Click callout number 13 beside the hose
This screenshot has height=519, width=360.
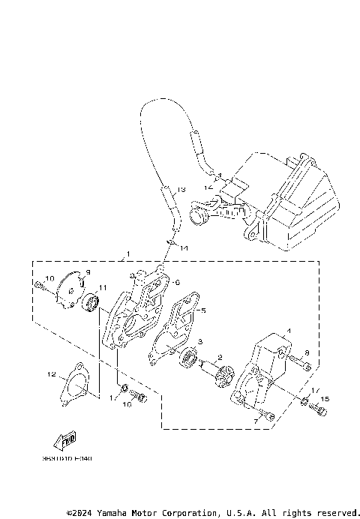point(182,190)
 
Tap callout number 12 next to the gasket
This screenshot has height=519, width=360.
point(52,373)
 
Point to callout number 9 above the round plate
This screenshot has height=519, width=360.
point(87,272)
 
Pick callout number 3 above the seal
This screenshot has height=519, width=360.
point(200,342)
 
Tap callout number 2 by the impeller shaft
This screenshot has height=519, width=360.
point(220,358)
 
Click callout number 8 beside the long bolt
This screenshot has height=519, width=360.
point(306,352)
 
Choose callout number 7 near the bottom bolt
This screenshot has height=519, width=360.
point(255,422)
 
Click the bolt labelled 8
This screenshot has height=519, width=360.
point(298,364)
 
